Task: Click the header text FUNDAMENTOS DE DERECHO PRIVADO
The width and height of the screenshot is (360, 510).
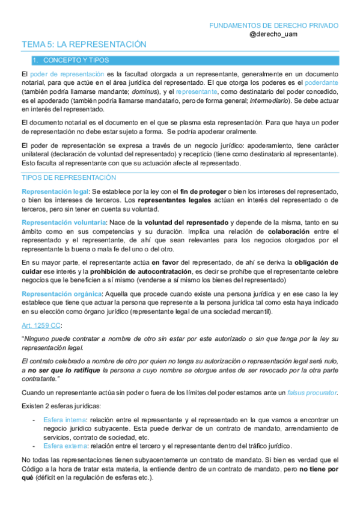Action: click(273, 26)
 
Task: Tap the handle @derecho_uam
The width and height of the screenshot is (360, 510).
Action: click(273, 35)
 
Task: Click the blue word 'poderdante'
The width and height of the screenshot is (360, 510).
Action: click(322, 82)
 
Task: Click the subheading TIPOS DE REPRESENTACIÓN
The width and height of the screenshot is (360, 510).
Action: click(69, 178)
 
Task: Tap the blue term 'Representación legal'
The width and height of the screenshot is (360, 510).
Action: click(55, 191)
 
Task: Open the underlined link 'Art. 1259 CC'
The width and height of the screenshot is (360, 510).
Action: click(41, 325)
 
